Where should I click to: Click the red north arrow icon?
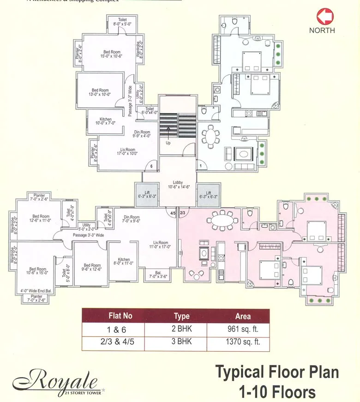pyautogui.click(x=325, y=17)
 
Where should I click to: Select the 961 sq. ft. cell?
pyautogui.click(x=243, y=330)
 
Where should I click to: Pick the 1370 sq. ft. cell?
pyautogui.click(x=243, y=342)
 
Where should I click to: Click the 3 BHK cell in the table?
pyautogui.click(x=181, y=342)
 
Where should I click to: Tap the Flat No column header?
pyautogui.click(x=120, y=316)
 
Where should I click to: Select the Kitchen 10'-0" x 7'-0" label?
pyautogui.click(x=105, y=121)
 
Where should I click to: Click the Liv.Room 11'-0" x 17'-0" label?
pyautogui.click(x=162, y=245)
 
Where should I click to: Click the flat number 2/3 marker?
pyautogui.click(x=182, y=213)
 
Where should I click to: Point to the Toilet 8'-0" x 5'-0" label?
pyautogui.click(x=122, y=22)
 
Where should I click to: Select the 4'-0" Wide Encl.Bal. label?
pyautogui.click(x=36, y=291)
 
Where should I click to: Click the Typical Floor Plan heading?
pyautogui.click(x=277, y=372)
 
